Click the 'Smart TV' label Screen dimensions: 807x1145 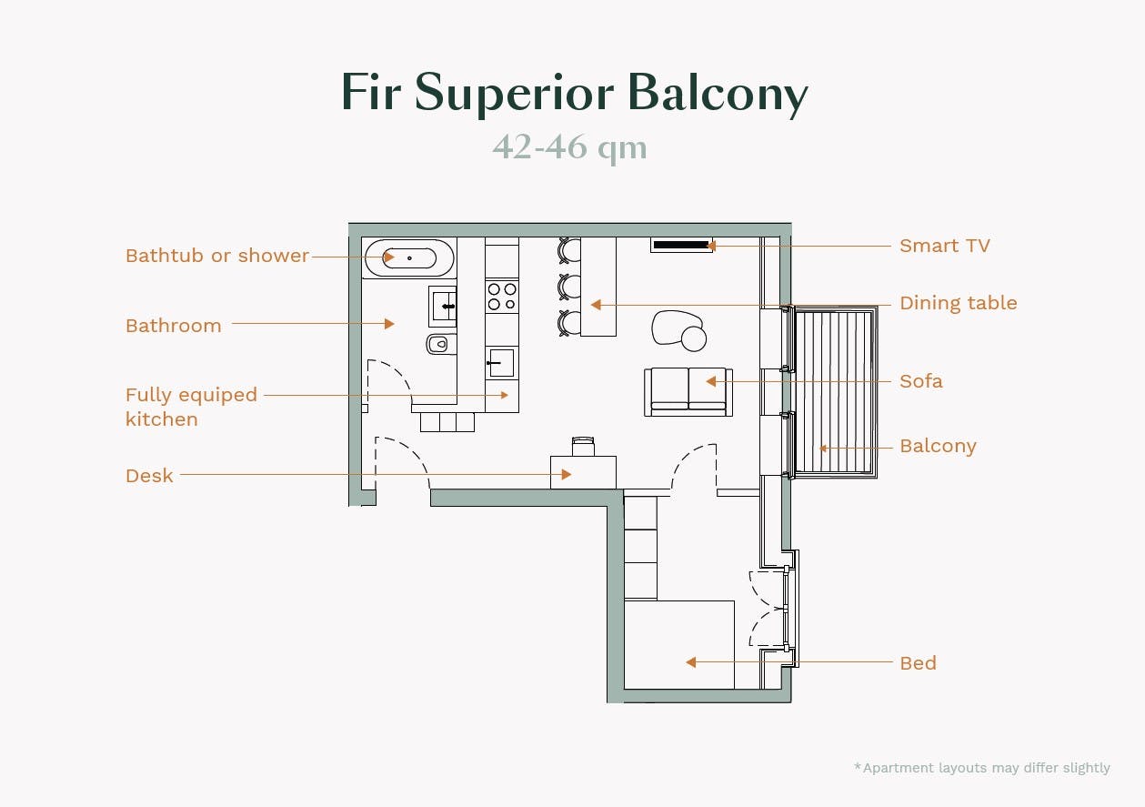(x=944, y=246)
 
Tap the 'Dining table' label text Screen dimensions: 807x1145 (x=958, y=303)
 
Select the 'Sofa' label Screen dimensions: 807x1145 (x=920, y=381)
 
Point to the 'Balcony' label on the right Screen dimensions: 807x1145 (x=938, y=446)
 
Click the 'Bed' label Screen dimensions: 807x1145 (x=918, y=663)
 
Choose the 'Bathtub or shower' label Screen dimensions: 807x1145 (x=217, y=256)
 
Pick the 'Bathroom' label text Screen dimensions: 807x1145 (x=174, y=326)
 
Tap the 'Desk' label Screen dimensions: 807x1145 (x=149, y=475)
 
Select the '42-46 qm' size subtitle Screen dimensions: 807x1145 (x=570, y=146)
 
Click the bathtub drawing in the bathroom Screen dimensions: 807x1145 (x=408, y=258)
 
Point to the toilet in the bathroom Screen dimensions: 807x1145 (x=440, y=344)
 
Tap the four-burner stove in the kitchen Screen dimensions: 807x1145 (x=501, y=296)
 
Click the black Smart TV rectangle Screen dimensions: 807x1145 (x=681, y=245)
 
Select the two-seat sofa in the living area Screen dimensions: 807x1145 (x=688, y=391)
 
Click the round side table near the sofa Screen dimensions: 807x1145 (x=694, y=339)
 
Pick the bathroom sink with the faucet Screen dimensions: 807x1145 (x=444, y=306)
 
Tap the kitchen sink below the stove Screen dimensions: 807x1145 (x=501, y=363)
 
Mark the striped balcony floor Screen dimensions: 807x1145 (x=834, y=391)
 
